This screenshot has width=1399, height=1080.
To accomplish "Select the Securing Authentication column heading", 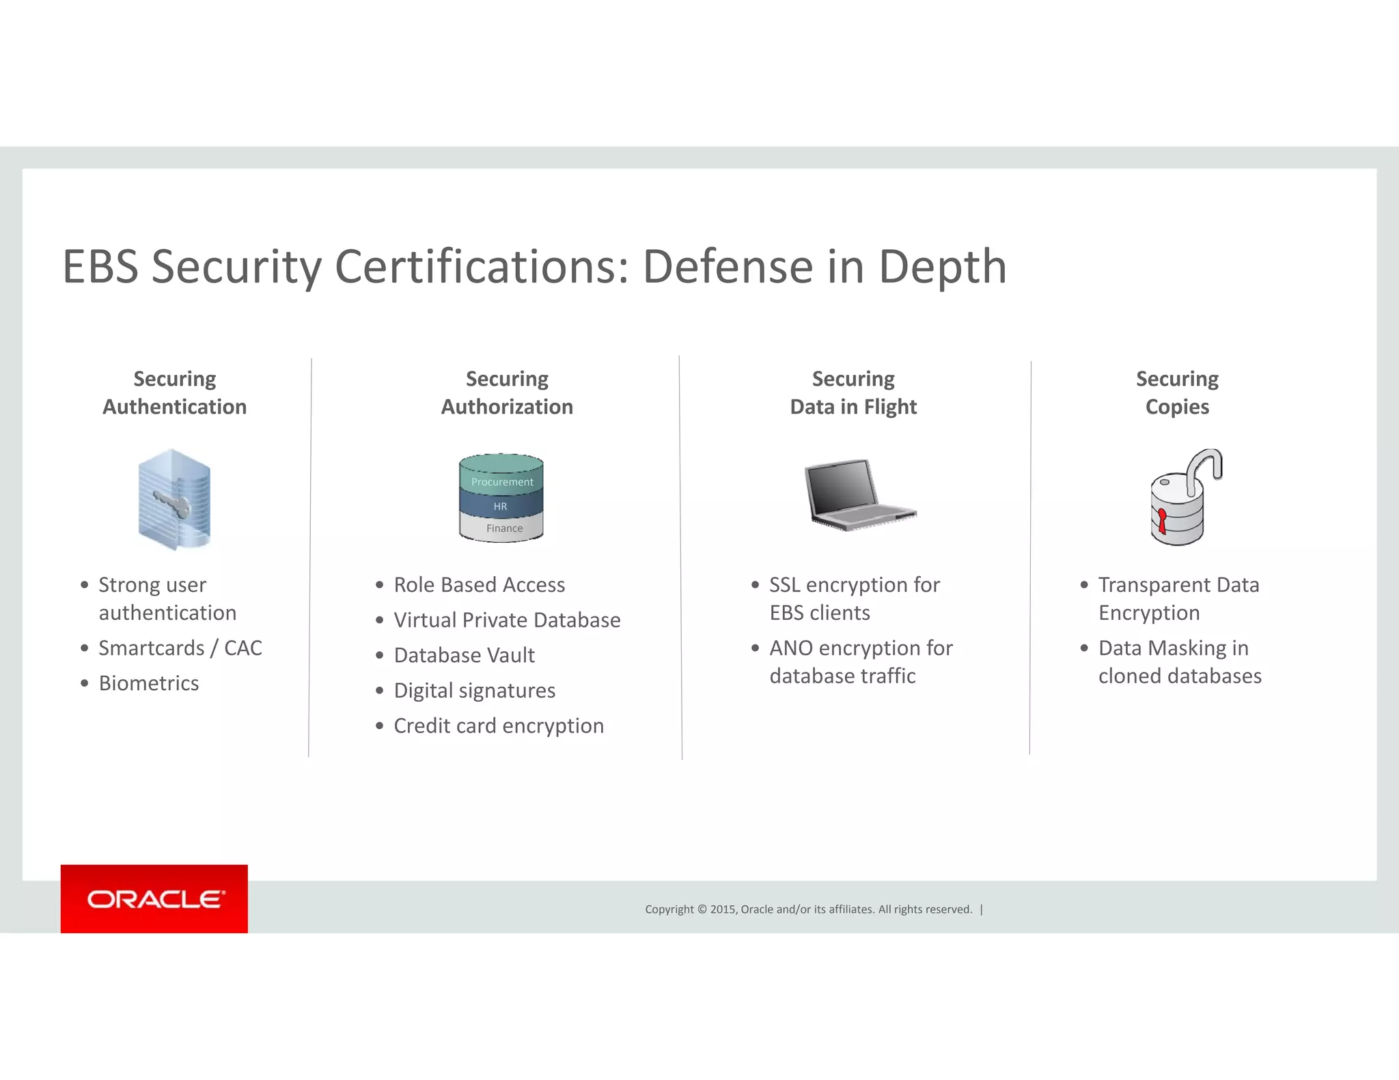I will (x=174, y=393).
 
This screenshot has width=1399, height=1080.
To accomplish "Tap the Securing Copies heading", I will (x=1176, y=393).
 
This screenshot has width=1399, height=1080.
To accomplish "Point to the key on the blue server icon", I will (x=171, y=504).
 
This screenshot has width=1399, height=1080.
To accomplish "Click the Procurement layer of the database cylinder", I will (x=501, y=481).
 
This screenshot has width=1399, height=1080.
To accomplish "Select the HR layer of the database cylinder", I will (x=500, y=506).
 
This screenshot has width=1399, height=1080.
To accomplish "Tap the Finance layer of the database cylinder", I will (x=503, y=528).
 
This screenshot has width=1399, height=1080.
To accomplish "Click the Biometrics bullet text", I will (x=148, y=683).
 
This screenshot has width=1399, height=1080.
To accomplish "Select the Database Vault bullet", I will (x=464, y=655).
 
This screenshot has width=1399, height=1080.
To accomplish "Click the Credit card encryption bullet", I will (x=498, y=725).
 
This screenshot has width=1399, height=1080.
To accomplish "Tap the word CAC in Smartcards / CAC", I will (x=243, y=647).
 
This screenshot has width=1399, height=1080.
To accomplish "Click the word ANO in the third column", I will (x=790, y=647).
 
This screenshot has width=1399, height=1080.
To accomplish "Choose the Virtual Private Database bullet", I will (x=506, y=619).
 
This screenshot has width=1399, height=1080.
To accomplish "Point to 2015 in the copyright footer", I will (x=722, y=909).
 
